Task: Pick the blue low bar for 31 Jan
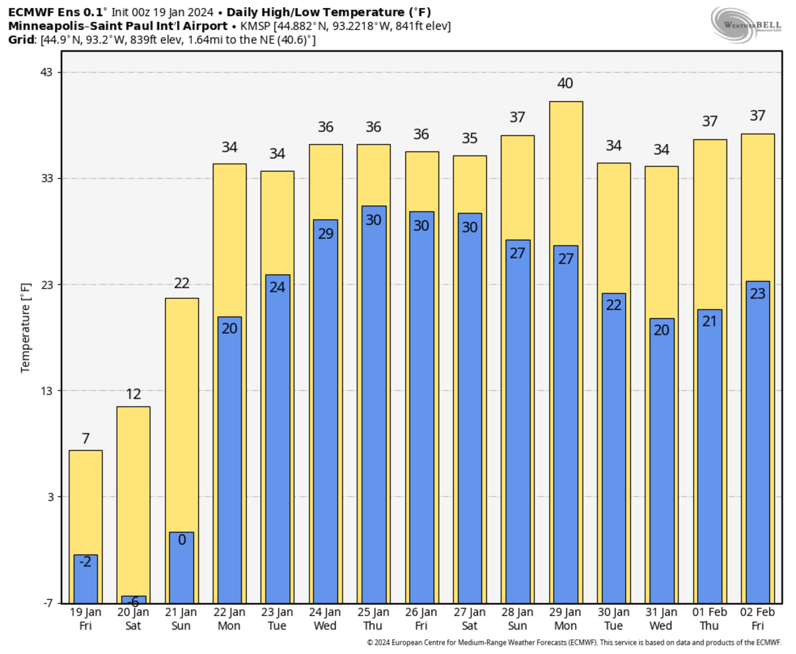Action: pos(661,465)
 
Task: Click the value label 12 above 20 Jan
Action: pos(133,394)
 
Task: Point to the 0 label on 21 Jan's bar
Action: pos(181,539)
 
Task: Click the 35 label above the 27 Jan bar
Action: pos(470,139)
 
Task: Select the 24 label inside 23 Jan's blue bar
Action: pos(277,287)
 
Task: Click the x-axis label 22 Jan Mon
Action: pos(229,619)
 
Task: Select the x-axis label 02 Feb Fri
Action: pos(757,619)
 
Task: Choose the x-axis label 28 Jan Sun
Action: pos(517,619)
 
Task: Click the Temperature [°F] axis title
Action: pos(26,327)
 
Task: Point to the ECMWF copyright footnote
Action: pos(574,643)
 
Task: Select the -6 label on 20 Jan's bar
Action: pos(133,602)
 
